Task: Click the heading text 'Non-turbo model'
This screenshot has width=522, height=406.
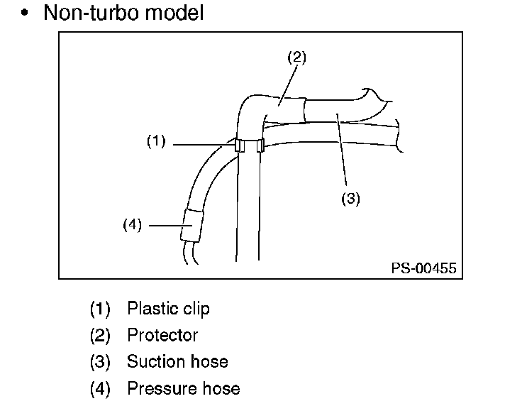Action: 123,13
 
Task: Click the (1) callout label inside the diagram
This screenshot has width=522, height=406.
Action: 156,141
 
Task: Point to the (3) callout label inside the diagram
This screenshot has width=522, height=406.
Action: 351,199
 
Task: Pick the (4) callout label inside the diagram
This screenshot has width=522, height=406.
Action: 133,225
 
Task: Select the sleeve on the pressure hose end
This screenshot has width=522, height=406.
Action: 191,225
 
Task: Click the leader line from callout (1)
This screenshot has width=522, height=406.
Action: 202,145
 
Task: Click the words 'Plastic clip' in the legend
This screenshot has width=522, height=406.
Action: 168,309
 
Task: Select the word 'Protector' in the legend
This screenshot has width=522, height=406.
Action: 162,335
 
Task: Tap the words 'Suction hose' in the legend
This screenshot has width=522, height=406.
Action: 177,361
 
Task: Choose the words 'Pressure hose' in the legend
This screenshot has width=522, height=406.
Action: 183,388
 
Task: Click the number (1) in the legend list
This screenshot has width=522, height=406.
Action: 101,309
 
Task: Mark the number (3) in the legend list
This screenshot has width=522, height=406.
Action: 101,362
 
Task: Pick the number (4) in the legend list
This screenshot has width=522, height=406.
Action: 101,388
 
